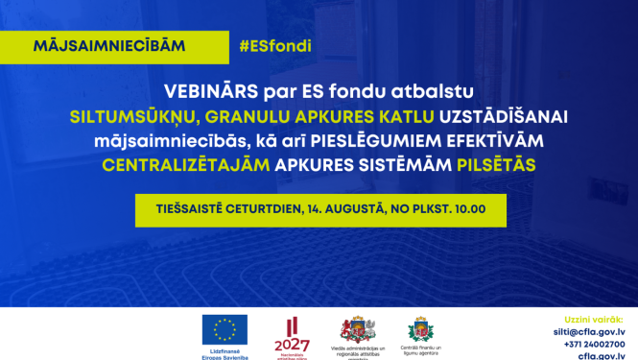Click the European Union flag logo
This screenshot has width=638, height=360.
pos(224,327)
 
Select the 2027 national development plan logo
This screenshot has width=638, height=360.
pos(291,331)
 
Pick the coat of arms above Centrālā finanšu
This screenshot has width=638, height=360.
pos(419,327)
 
